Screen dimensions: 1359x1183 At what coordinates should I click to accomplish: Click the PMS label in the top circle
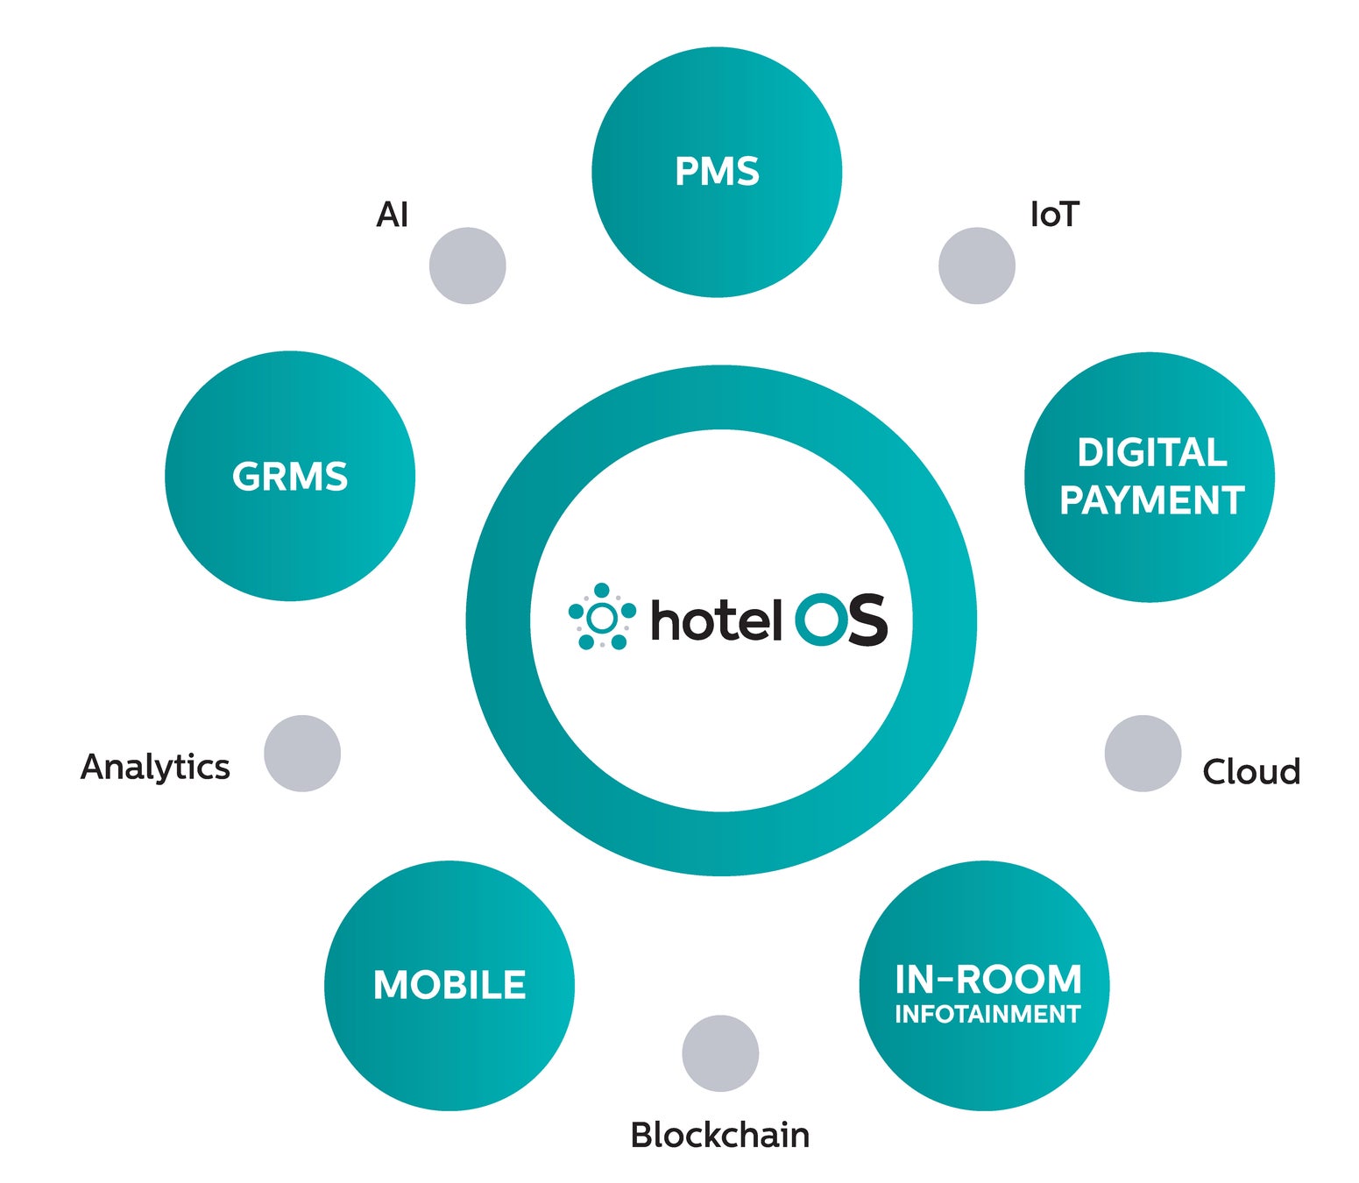717,171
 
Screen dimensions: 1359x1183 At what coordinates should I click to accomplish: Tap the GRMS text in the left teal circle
290,477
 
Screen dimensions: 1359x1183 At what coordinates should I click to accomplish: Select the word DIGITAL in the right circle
1151,452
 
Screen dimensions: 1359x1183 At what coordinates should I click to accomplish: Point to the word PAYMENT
1151,500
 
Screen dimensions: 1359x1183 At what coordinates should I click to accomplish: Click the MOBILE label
449,985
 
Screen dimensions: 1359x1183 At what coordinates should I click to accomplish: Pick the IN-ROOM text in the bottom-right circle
987,979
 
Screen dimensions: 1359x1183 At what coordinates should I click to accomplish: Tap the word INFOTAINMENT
987,1014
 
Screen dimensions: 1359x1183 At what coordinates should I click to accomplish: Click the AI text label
392,215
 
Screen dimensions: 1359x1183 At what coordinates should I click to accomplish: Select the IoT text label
1054,215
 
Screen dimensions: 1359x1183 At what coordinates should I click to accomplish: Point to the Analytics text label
155,767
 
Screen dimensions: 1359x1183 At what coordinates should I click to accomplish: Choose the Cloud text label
1250,772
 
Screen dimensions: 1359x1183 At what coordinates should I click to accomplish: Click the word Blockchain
719,1135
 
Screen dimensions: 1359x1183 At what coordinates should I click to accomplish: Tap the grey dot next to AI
468,266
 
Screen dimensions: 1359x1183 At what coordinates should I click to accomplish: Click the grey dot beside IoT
976,266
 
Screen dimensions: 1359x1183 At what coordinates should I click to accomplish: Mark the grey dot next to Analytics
302,754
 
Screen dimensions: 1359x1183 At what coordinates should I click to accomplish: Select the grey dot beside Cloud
1143,754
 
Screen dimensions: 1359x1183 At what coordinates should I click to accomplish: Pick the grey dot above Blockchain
720,1053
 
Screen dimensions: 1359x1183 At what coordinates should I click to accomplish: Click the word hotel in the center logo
715,620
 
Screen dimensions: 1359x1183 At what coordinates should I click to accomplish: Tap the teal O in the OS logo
821,620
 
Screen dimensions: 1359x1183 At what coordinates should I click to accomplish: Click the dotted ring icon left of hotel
602,618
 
